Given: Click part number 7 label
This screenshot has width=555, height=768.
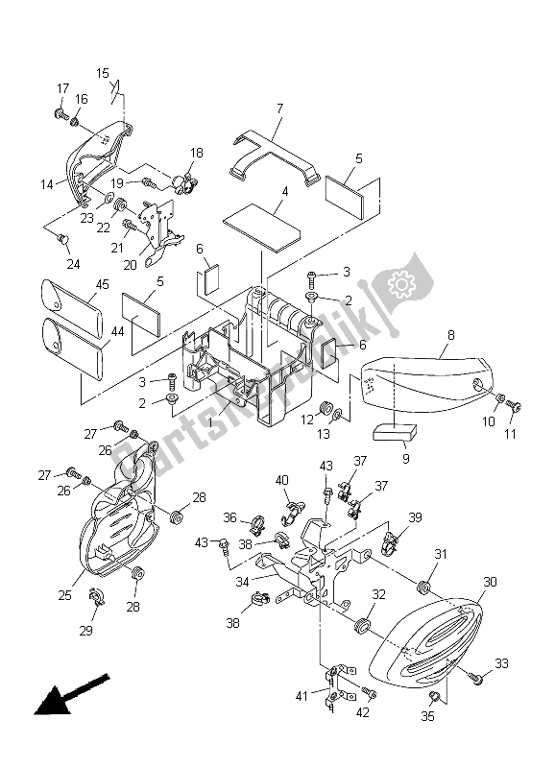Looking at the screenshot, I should (279, 110).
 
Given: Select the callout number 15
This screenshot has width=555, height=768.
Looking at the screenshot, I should (103, 72).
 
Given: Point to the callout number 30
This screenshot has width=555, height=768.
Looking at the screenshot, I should (491, 581).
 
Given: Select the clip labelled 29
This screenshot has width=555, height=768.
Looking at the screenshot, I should (94, 597).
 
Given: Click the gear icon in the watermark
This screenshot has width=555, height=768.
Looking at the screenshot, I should (397, 284).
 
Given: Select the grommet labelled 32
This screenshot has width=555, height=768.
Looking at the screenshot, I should (363, 625).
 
